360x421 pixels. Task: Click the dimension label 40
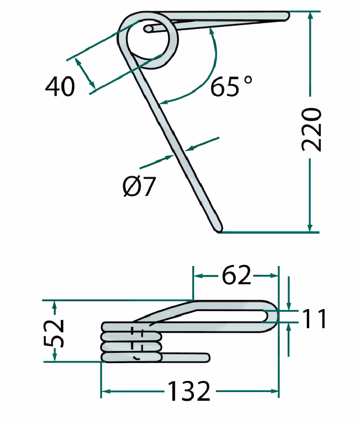[x=60, y=86]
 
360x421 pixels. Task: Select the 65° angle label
[x=231, y=86]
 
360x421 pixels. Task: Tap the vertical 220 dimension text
[x=311, y=129]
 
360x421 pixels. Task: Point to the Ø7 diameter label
[x=139, y=186]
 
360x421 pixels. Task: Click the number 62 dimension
[x=236, y=276]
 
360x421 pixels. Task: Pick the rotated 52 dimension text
[x=54, y=333]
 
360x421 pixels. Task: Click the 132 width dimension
[x=189, y=392]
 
